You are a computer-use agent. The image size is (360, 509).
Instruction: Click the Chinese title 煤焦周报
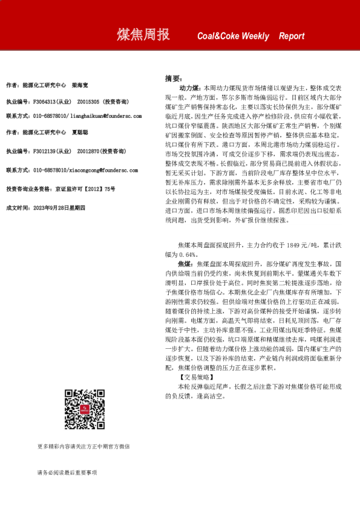click(143, 35)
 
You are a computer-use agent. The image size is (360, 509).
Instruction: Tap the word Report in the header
click(292, 36)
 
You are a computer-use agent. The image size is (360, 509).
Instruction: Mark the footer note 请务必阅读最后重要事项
click(67, 472)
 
